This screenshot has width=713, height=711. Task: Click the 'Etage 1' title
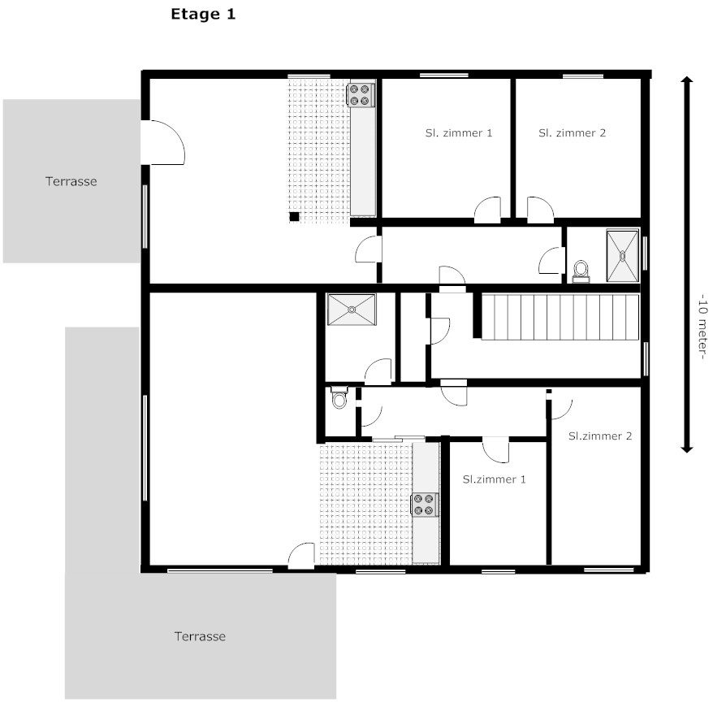coord(203,15)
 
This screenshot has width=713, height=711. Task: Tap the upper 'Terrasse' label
coord(71,181)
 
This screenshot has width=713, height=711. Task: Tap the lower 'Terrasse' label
coord(200,636)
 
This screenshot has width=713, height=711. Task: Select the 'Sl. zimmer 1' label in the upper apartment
coord(459,132)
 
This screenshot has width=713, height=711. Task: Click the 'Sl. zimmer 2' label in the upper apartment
coord(572,132)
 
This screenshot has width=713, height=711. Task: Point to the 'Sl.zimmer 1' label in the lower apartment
coord(495,479)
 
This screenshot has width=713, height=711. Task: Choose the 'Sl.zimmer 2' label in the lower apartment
coord(600,436)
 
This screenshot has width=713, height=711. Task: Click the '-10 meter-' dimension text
coord(703,327)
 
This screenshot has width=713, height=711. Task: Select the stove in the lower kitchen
coord(426,505)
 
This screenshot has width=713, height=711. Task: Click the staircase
coord(560,317)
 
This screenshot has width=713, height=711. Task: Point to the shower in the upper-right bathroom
coord(623,256)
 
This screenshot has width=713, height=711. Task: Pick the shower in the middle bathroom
coord(352,310)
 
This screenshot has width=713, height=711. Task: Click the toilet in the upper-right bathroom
coord(581,271)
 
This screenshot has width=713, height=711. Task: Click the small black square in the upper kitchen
coord(294,216)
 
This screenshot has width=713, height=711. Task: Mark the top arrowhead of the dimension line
coord(687,80)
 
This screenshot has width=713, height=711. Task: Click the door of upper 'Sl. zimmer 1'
coord(487,210)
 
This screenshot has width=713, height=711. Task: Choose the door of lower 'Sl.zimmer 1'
coord(495,450)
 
